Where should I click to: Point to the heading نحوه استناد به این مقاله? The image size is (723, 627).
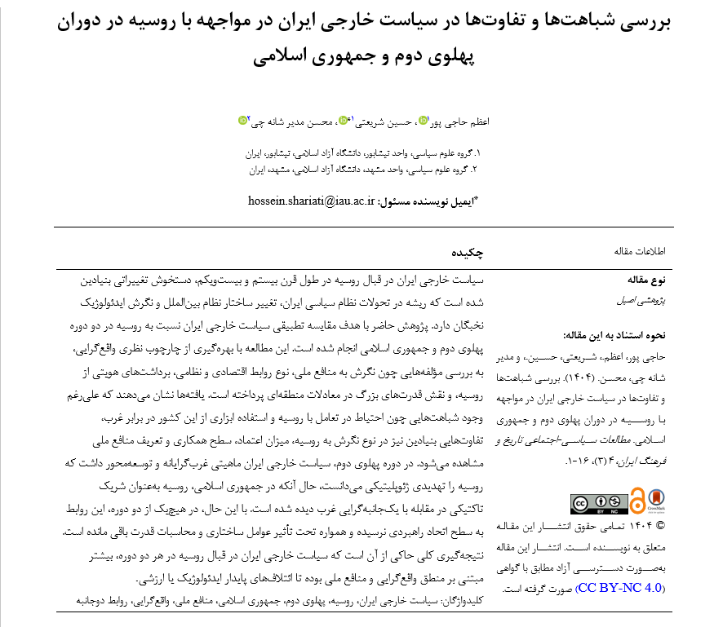[x=619, y=334]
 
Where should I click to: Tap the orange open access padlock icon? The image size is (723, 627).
[x=637, y=499]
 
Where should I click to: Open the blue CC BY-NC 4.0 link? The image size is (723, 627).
[x=619, y=587]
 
